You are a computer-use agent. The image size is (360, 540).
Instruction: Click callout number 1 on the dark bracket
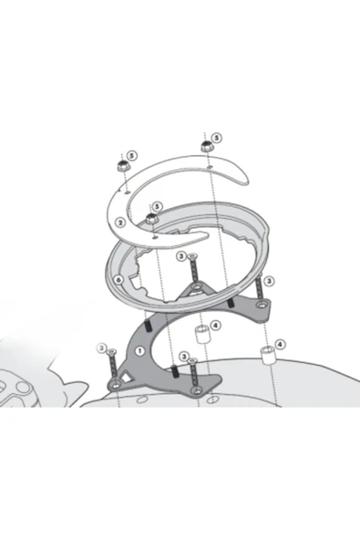139,351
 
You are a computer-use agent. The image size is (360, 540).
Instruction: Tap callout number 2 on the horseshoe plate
119,223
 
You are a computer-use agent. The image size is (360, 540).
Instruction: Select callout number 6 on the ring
118,280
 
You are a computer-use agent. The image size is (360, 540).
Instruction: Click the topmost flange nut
206,146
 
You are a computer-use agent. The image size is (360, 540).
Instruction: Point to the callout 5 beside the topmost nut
216,138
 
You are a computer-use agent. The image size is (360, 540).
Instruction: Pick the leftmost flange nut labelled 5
122,166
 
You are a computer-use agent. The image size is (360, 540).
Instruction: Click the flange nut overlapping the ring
150,218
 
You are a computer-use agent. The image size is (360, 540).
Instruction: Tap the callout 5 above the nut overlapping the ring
157,207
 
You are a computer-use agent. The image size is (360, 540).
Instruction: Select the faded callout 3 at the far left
101,348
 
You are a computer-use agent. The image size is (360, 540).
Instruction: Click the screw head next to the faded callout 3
112,351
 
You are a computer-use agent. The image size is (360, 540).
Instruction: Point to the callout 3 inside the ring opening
181,256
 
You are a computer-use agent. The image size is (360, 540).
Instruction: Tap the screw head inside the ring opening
192,255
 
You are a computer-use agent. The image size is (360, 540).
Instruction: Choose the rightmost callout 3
269,281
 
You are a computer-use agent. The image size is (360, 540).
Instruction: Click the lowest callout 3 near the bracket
184,356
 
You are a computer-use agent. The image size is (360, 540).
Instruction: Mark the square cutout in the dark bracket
127,378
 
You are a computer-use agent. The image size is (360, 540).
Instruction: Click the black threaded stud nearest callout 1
149,327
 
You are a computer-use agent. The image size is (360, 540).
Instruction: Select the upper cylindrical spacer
201,335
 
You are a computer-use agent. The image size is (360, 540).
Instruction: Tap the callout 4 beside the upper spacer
215,325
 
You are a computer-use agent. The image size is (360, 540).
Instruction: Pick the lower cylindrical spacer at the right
267,356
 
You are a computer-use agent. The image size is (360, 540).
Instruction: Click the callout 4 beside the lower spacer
281,344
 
